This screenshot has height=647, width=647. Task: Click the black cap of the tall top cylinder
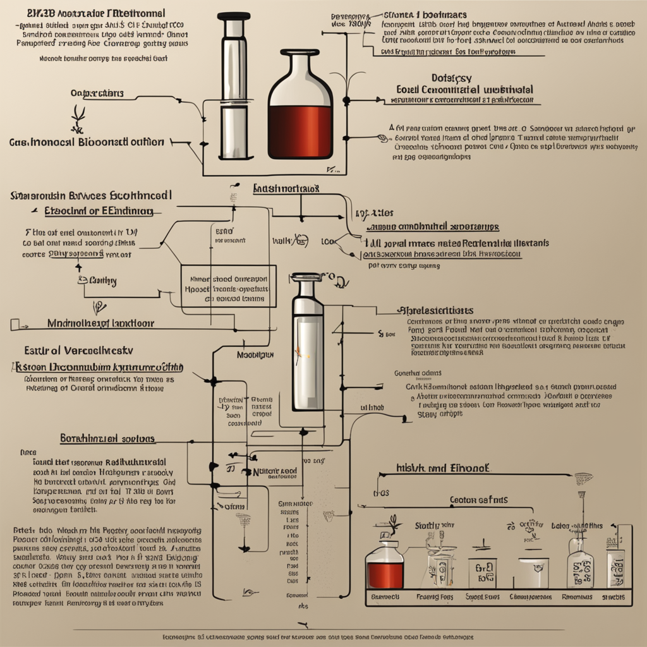tap(233, 15)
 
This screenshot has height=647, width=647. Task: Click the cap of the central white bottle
tap(306, 277)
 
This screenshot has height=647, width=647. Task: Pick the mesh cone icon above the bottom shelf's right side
tap(583, 478)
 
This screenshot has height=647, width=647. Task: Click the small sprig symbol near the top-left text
tap(78, 116)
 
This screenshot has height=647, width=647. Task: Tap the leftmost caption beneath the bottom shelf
tap(384, 597)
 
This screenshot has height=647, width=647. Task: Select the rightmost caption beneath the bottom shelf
tap(612, 597)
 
